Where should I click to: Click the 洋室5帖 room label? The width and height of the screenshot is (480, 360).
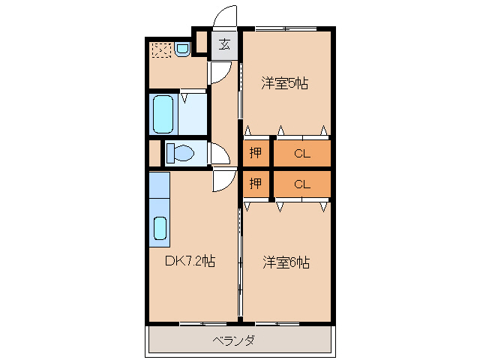click(x=285, y=83)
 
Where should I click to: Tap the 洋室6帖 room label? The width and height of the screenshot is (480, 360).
click(x=286, y=262)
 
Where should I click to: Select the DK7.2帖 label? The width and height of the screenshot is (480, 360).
click(x=190, y=262)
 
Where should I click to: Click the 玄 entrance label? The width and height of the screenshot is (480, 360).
click(x=224, y=44)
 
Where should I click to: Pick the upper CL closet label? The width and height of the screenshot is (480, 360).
click(x=301, y=154)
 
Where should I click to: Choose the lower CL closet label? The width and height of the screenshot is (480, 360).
click(x=301, y=183)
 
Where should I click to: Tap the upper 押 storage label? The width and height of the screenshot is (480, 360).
click(x=256, y=154)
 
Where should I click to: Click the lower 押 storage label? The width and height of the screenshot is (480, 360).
click(x=256, y=183)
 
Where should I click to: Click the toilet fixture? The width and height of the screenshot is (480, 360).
click(x=179, y=154)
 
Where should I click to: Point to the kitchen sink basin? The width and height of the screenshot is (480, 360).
click(x=160, y=229)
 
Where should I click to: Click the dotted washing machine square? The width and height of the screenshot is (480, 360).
click(x=160, y=49)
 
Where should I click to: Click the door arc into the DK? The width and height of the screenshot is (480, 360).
click(x=224, y=181)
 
